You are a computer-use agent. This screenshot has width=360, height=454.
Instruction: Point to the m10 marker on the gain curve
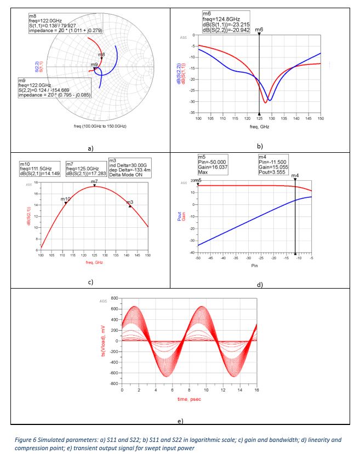coord(66,203)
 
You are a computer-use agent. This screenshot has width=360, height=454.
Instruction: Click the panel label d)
coord(259,285)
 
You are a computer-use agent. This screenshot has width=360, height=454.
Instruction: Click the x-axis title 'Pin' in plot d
coord(254,265)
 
